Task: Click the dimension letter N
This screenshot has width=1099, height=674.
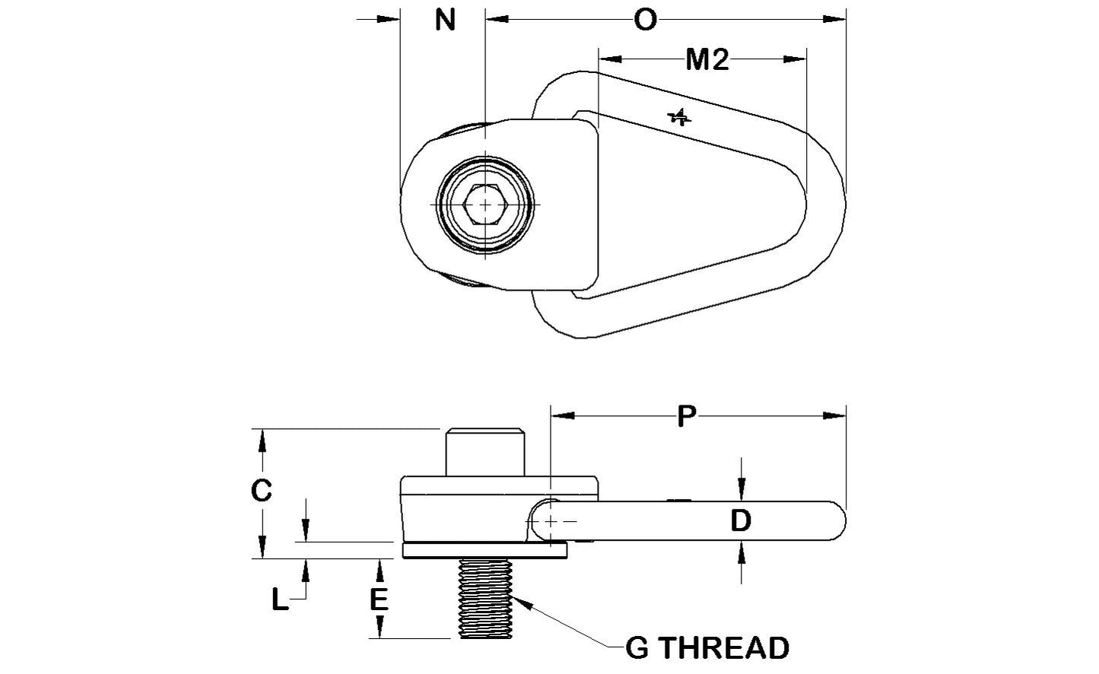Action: (445, 21)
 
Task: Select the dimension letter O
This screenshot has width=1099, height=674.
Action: (645, 21)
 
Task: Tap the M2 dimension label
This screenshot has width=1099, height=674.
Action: (707, 59)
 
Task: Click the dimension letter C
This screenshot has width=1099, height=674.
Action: (261, 491)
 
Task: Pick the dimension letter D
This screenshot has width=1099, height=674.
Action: (741, 521)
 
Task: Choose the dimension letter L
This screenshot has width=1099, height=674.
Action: (281, 601)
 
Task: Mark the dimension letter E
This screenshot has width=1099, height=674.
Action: (379, 600)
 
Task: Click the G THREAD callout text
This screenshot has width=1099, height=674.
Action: (707, 648)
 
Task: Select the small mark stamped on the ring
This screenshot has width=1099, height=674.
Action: (678, 117)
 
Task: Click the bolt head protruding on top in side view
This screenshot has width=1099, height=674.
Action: (485, 453)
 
